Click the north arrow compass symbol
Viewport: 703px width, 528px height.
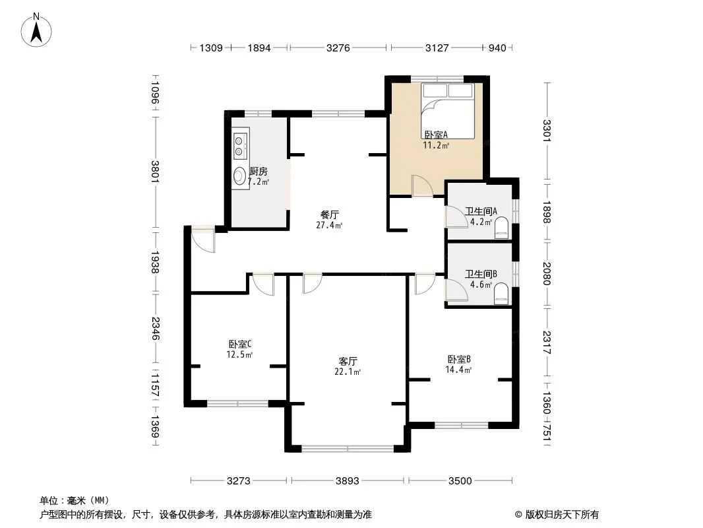click(x=36, y=30)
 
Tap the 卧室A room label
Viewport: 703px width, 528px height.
click(x=436, y=135)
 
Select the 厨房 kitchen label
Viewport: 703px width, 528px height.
click(x=259, y=172)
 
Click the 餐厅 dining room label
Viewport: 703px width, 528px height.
click(x=330, y=215)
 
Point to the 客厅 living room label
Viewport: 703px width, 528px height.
click(x=348, y=361)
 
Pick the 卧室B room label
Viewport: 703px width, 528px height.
click(x=458, y=359)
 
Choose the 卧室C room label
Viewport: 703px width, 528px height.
click(x=240, y=344)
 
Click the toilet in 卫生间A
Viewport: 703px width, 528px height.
click(x=501, y=228)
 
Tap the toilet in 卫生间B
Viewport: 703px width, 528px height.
click(x=501, y=294)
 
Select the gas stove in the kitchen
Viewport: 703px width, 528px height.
click(x=241, y=143)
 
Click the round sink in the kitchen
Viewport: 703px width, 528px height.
click(x=240, y=176)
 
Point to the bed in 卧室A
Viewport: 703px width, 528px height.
click(x=448, y=110)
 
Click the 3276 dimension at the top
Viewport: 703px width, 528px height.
click(x=338, y=48)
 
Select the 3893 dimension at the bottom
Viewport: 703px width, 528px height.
click(x=348, y=481)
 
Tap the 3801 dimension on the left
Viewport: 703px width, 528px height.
click(x=155, y=172)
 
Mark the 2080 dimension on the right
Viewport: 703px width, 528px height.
click(x=546, y=274)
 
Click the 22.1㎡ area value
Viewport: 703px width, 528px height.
click(x=348, y=372)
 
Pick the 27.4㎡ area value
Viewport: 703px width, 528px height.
click(x=329, y=225)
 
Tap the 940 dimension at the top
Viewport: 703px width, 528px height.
click(x=497, y=48)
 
